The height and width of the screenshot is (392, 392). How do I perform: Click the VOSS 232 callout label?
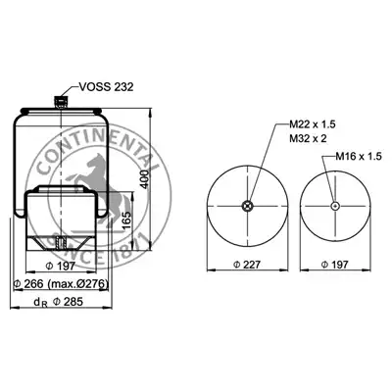pyautogui.click(x=106, y=87)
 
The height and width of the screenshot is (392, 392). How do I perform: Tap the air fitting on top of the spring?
pyautogui.click(x=61, y=101)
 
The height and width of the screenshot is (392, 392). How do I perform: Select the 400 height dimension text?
pyautogui.click(x=145, y=179)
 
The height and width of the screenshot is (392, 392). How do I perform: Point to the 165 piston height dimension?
pyautogui.click(x=127, y=220)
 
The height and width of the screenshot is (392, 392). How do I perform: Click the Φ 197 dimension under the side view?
pyautogui.click(x=61, y=267)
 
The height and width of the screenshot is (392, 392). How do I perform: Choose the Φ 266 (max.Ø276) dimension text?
pyautogui.click(x=61, y=284)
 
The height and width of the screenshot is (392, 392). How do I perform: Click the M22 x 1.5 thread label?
pyautogui.click(x=313, y=124)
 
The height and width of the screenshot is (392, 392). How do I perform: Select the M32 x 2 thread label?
pyautogui.click(x=308, y=138)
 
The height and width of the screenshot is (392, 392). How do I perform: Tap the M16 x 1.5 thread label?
pyautogui.click(x=359, y=157)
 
